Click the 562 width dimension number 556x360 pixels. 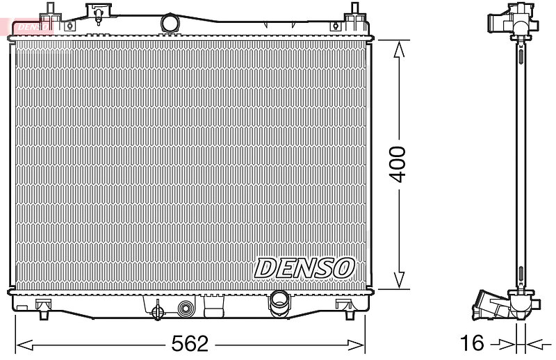pos(190,343)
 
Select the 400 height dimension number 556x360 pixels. pos(397,164)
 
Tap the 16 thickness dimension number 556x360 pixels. pos(472,343)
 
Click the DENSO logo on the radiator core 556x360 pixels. pos(304,268)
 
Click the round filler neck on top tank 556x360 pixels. pos(170,23)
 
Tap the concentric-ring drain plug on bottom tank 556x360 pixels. pos(185,309)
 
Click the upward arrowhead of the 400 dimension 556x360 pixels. pos(399,49)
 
